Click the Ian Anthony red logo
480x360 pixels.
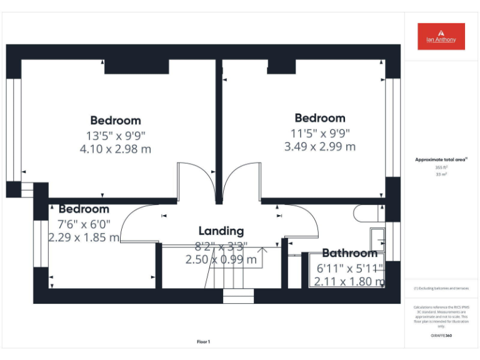441,36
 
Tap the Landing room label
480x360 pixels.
221,231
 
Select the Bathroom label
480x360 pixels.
349,253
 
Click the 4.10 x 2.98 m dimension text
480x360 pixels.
116,149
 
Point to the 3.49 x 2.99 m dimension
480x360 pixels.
320,146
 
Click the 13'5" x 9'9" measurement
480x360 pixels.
116,135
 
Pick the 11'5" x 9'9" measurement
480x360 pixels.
320,132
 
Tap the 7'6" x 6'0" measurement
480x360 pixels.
84,224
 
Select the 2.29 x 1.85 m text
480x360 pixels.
84,237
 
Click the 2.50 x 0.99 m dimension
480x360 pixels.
221,259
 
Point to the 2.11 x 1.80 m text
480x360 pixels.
349,281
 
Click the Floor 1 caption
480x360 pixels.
204,342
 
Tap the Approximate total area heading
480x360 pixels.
441,160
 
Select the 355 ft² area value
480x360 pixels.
441,167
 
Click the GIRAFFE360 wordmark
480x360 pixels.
441,336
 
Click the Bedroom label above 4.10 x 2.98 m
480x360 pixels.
116,121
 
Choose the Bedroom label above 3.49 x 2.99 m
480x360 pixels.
320,118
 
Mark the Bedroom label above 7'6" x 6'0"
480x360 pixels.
84,209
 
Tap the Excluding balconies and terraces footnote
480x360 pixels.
441,289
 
